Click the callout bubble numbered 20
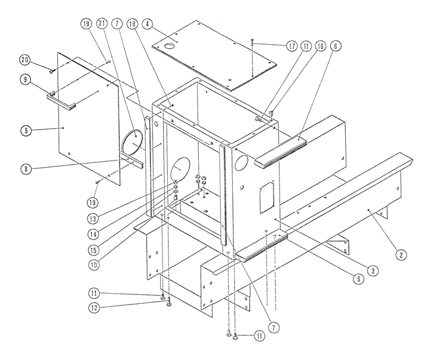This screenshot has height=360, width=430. (25, 60)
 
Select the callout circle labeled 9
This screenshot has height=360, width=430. (26, 79)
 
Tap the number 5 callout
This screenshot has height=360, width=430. (26, 130)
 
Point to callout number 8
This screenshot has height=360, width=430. (26, 169)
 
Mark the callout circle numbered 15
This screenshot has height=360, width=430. (93, 250)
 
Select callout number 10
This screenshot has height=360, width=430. (94, 265)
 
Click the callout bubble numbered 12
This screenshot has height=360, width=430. (94, 308)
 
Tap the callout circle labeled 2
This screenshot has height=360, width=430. (401, 255)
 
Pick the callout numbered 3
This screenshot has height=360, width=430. (373, 271)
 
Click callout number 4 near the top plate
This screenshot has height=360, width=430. (148, 24)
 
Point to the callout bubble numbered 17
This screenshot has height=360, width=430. (292, 46)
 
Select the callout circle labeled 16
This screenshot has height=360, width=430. (320, 46)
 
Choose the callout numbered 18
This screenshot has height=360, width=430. (132, 24)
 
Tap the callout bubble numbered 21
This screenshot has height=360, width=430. (102, 23)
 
